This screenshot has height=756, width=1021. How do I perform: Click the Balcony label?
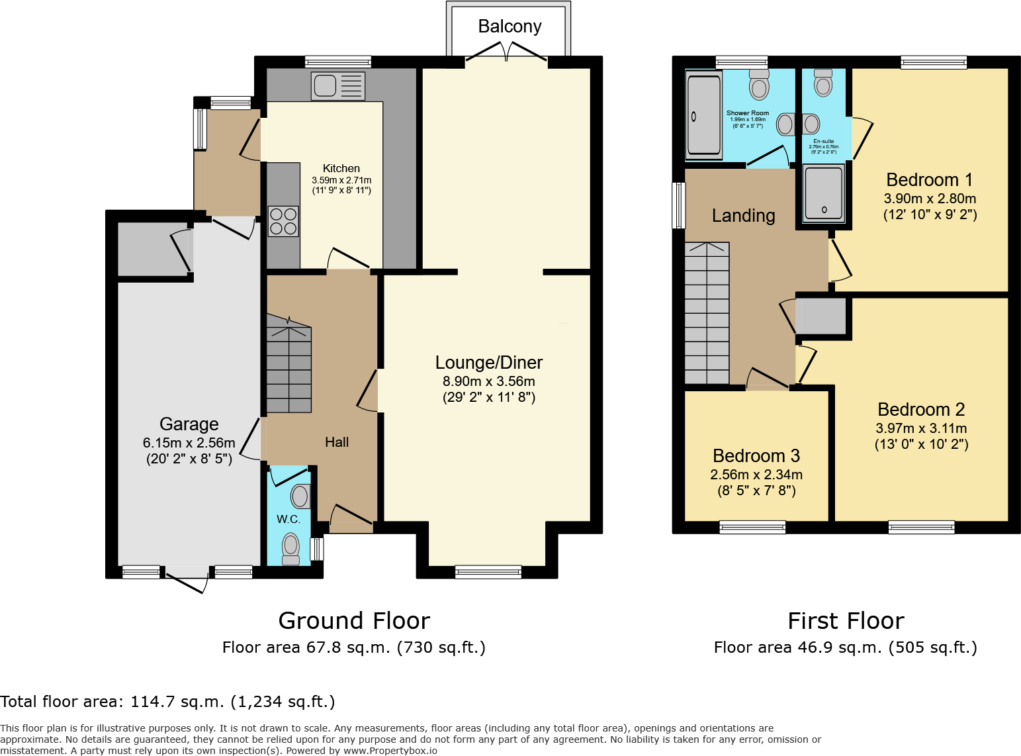click(x=510, y=26)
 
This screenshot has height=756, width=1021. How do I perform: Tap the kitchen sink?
click(x=337, y=86)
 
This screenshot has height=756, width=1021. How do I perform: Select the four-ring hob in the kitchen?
click(x=283, y=221)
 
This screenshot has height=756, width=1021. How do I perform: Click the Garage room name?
click(x=189, y=424)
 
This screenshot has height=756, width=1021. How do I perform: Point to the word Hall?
click(x=337, y=442)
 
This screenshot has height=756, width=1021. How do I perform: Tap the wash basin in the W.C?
click(x=300, y=496)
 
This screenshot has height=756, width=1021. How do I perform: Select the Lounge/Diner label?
click(x=488, y=363)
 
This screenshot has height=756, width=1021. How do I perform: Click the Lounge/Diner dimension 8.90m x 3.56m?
click(x=488, y=381)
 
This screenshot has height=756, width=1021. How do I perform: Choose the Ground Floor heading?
click(x=354, y=621)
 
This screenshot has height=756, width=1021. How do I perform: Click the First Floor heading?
click(x=846, y=621)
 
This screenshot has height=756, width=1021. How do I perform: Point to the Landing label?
click(x=743, y=216)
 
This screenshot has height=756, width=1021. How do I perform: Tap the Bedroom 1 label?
click(x=929, y=180)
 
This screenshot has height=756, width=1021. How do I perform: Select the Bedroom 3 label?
click(x=756, y=456)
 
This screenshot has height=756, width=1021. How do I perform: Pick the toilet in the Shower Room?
click(x=759, y=85)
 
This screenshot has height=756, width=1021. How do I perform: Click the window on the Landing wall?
click(x=678, y=205)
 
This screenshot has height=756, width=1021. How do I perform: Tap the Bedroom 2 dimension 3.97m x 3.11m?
click(x=921, y=428)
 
